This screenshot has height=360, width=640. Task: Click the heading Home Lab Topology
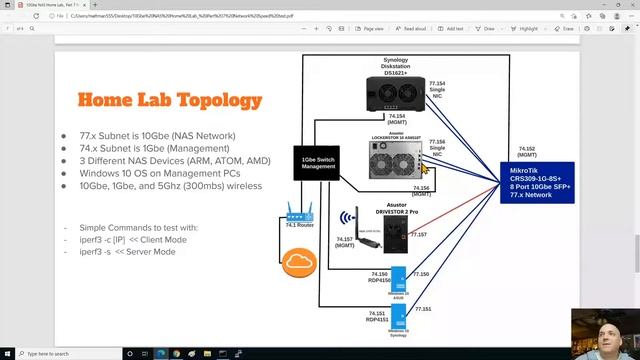[157, 100]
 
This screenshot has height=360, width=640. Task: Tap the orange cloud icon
[299, 263]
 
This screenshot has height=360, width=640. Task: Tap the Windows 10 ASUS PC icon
[398, 279]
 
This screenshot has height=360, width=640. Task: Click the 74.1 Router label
[299, 227]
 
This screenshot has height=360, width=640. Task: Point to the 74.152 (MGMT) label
[528, 151]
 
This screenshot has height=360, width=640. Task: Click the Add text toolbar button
[449, 29]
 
